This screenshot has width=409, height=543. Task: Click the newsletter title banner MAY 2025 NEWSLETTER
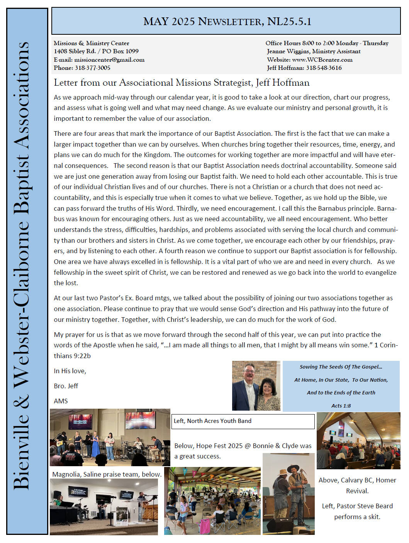pos(227,21)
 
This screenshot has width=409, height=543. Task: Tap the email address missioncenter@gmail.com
pos(109,60)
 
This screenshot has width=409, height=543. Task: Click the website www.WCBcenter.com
pos(322,60)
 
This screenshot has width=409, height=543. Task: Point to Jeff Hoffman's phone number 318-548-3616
pos(324,68)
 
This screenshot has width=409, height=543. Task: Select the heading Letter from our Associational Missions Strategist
pos(182,83)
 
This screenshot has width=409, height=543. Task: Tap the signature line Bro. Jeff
pos(66,386)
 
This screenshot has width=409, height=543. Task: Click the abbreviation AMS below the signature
pos(61,401)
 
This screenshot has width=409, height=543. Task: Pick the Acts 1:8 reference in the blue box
pos(341,406)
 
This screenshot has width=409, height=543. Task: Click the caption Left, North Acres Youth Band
pos(212,421)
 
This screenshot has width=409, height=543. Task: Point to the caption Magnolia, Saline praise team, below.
pos(107,474)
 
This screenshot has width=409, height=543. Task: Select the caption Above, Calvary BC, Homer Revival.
pos(357,485)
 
